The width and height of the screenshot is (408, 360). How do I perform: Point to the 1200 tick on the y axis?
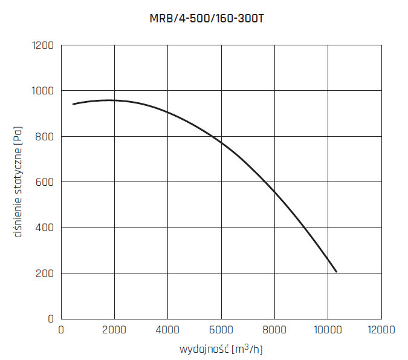click(x=42, y=45)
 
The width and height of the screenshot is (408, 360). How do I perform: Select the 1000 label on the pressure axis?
click(x=42, y=91)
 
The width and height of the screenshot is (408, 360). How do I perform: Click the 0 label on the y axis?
click(x=51, y=319)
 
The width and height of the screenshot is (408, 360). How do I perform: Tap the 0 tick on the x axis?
click(x=60, y=330)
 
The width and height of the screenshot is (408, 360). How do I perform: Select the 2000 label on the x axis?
click(x=114, y=330)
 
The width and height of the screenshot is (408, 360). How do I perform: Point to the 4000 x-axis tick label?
click(x=167, y=330)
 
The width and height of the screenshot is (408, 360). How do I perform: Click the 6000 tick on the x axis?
click(x=221, y=330)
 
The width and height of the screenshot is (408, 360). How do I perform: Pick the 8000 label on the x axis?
click(x=274, y=330)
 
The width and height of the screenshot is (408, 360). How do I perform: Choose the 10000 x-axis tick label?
click(x=328, y=330)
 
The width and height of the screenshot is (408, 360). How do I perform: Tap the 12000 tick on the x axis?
click(x=381, y=330)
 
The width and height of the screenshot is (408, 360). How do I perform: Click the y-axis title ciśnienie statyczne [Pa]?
click(x=19, y=182)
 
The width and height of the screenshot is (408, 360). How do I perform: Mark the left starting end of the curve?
click(x=73, y=104)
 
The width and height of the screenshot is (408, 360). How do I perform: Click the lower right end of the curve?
click(x=336, y=272)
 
